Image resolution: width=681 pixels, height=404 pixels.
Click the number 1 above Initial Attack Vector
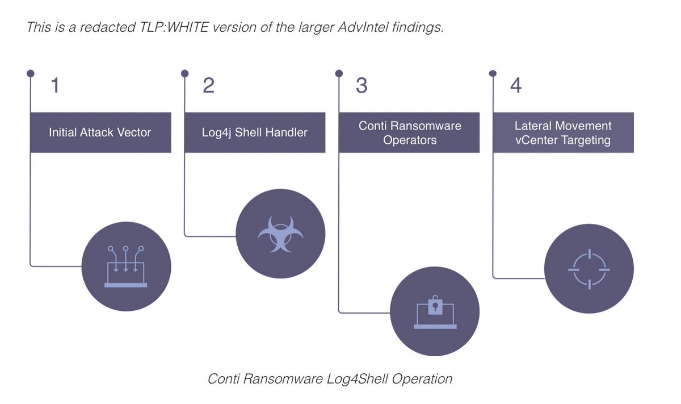click(54, 85)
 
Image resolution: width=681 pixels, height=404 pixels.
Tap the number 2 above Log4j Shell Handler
click(208, 85)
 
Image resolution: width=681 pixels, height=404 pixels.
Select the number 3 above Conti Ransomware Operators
click(361, 85)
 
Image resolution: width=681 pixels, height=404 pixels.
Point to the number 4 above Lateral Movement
click(515, 85)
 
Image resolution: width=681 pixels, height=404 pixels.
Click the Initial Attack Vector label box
click(100, 132)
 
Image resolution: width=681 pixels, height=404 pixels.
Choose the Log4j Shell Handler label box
click(255, 132)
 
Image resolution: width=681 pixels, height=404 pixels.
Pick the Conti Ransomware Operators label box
click(409, 132)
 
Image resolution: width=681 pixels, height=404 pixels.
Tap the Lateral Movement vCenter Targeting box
click(563, 132)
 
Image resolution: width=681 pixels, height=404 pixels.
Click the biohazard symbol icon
click(280, 234)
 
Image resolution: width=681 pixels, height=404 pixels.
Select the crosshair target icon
click(588, 267)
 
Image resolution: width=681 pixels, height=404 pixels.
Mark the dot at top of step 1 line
click(31, 73)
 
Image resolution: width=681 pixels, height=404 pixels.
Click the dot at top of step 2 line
click(184, 73)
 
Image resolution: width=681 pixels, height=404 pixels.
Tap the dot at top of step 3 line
click(339, 73)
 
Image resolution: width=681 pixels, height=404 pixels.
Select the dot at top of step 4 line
click(493, 73)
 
